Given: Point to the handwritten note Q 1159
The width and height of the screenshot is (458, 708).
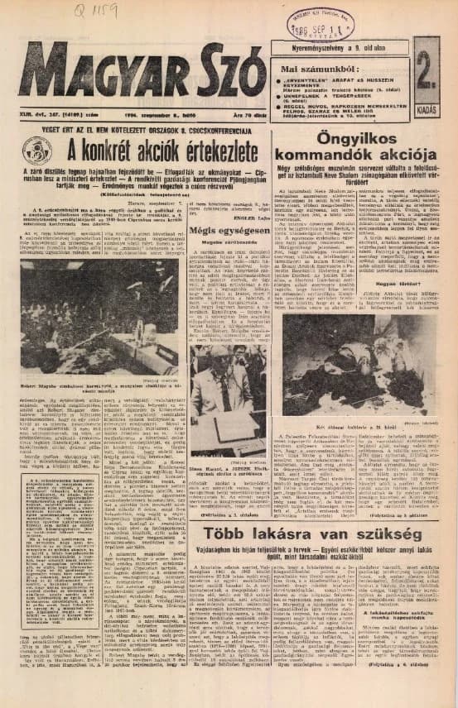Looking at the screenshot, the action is pyautogui.click(x=93, y=12).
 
